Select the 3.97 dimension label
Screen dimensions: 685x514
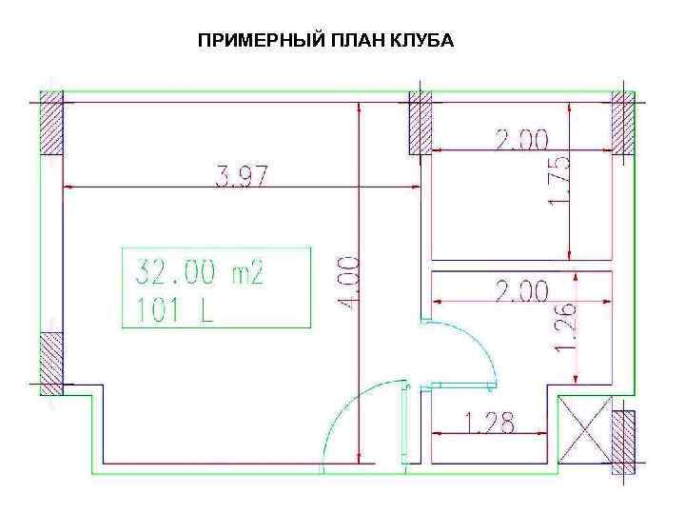(243, 176)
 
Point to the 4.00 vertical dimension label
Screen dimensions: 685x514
(350, 282)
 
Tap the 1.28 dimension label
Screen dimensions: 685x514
(489, 423)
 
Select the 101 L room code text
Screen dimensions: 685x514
(173, 311)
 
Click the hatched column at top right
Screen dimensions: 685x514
(623, 121)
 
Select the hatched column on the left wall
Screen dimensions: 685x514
(50, 363)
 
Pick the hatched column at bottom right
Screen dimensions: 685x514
(623, 442)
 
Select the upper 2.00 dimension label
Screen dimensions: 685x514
(520, 140)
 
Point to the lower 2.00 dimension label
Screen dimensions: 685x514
(520, 289)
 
